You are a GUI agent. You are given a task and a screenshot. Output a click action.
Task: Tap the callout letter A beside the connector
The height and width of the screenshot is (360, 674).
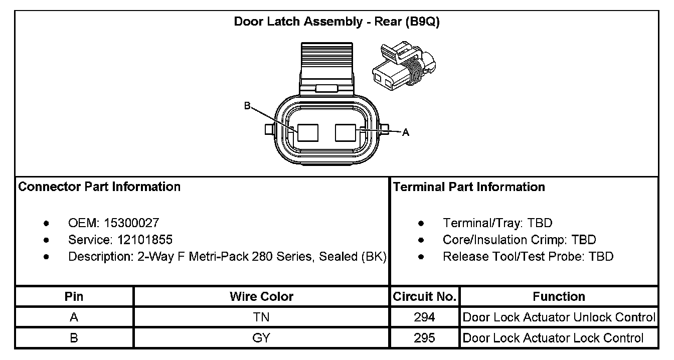(406, 132)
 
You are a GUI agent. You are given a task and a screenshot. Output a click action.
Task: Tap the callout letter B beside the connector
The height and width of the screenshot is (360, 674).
(247, 106)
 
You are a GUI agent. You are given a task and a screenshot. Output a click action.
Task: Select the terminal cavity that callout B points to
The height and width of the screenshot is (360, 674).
(307, 132)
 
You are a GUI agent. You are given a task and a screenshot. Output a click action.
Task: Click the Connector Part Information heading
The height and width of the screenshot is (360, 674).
(99, 187)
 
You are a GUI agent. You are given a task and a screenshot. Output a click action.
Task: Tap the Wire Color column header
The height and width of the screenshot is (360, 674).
(261, 296)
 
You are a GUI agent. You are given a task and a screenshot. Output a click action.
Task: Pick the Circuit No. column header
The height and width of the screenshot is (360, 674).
(424, 296)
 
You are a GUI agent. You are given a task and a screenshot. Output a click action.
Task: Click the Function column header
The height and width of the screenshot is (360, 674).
(559, 296)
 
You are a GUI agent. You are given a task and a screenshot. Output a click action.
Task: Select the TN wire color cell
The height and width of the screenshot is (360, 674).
(261, 317)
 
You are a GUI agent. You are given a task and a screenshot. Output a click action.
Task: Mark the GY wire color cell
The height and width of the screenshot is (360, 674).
(261, 338)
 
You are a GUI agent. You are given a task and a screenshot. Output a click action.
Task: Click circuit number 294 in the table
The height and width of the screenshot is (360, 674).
(424, 317)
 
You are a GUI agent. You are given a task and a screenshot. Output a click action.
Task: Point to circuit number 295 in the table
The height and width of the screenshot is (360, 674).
(424, 338)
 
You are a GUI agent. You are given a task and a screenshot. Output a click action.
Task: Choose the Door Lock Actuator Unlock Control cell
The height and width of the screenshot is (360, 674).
(559, 317)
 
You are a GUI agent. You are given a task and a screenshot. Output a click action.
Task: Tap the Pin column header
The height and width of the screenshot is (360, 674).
(74, 296)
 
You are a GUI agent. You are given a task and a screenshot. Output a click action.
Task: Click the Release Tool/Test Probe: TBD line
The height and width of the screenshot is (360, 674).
(528, 257)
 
